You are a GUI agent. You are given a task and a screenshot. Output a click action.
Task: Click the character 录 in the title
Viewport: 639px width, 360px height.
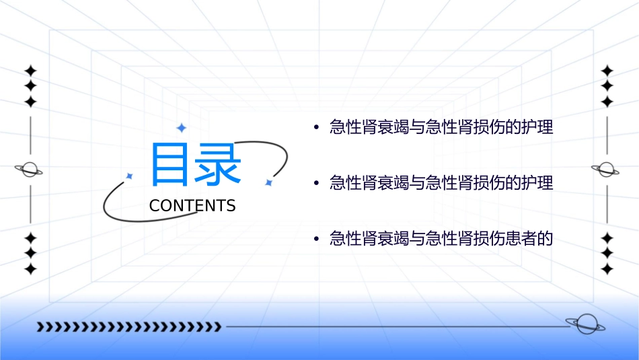(x=217, y=165)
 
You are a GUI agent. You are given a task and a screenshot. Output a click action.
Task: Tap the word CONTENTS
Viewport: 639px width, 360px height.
(x=192, y=206)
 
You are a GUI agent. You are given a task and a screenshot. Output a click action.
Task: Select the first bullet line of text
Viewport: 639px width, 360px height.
(x=441, y=127)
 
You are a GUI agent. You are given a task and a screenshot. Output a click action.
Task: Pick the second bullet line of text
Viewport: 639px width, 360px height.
(x=441, y=182)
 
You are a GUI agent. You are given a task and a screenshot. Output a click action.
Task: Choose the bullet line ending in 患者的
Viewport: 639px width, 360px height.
(x=441, y=238)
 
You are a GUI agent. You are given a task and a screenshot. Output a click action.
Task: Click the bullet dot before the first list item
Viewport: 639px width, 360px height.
(x=315, y=128)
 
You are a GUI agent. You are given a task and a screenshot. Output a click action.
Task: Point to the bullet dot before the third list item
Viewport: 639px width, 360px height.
(x=315, y=239)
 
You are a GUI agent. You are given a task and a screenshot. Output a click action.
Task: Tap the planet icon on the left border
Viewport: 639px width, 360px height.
(x=30, y=170)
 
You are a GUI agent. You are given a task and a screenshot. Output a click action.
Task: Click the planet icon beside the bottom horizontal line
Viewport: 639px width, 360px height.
(x=585, y=325)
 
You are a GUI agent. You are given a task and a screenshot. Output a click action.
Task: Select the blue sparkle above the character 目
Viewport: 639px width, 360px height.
(x=181, y=128)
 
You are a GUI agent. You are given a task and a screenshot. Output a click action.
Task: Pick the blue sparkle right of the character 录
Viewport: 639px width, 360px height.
(x=268, y=182)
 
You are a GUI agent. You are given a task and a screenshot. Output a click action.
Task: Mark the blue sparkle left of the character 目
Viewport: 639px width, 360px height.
(x=130, y=176)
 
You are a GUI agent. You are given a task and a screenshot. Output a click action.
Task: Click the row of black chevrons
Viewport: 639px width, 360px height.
(x=128, y=327)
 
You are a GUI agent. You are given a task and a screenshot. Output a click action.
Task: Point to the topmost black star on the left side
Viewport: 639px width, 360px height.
(x=30, y=71)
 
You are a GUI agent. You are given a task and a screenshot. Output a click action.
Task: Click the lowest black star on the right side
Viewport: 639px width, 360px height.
(x=607, y=269)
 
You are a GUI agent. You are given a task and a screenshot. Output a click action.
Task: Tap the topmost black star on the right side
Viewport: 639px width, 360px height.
(x=607, y=71)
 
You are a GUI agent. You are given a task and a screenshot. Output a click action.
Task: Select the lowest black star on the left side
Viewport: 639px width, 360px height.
(x=30, y=269)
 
